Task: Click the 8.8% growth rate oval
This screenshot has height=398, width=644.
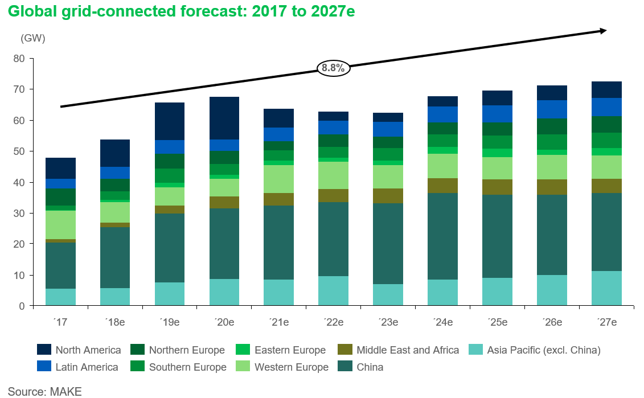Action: click(x=333, y=68)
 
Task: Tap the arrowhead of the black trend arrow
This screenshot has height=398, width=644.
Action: click(x=603, y=31)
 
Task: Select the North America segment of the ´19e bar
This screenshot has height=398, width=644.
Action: click(x=170, y=121)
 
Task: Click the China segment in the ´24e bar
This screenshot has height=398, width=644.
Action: click(x=443, y=236)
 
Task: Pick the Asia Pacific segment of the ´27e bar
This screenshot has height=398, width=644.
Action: click(x=606, y=288)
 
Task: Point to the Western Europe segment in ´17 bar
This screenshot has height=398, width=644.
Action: click(x=60, y=225)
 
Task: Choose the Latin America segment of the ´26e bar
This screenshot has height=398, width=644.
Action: click(x=552, y=109)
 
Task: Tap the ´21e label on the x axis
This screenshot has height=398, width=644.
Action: click(x=279, y=322)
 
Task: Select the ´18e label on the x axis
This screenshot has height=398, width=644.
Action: click(x=115, y=322)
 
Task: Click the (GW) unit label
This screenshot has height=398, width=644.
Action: click(x=32, y=39)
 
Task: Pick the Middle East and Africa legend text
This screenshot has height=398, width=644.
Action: click(x=408, y=350)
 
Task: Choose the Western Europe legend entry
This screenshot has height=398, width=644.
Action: click(x=292, y=367)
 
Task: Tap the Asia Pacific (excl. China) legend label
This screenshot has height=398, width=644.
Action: click(x=544, y=350)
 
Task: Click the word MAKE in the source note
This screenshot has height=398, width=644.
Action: click(x=65, y=392)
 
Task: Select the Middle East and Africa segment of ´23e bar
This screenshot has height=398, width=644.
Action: click(x=388, y=196)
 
